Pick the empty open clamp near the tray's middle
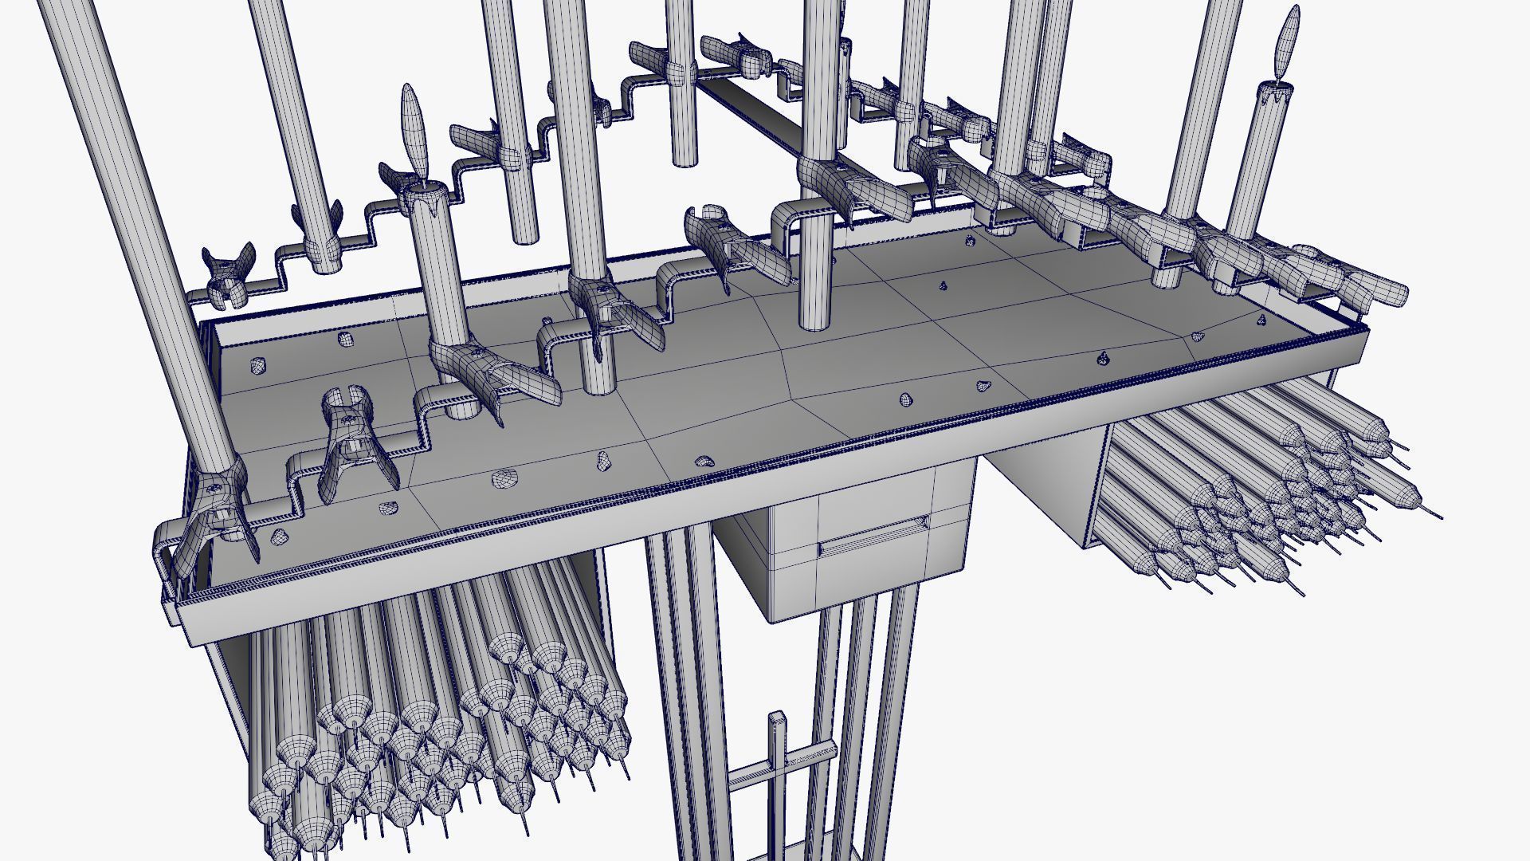point(729,243)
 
